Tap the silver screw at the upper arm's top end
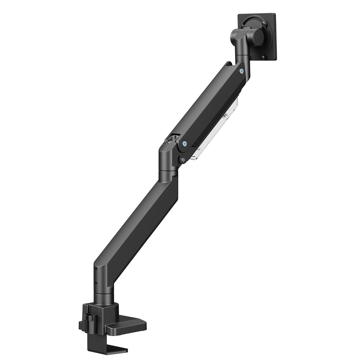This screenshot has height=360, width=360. point(241,70)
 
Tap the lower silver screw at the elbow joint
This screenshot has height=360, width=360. point(183,160)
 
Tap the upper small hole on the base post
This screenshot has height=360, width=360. point(96,268)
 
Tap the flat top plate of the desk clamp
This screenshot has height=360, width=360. point(127,325)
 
